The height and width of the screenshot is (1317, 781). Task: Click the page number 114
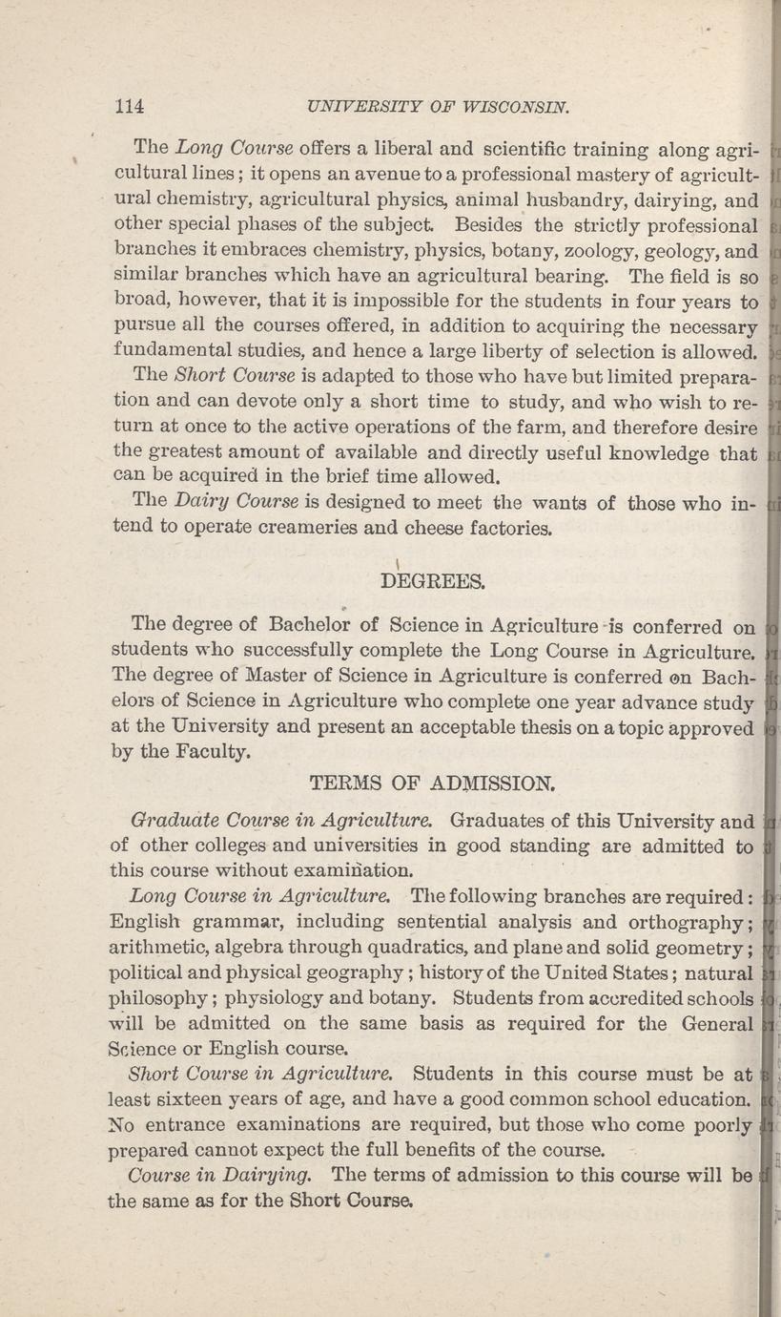click(x=129, y=108)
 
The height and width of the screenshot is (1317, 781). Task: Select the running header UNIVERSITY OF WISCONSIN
click(x=433, y=108)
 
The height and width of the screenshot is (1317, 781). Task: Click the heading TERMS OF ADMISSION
click(x=432, y=784)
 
